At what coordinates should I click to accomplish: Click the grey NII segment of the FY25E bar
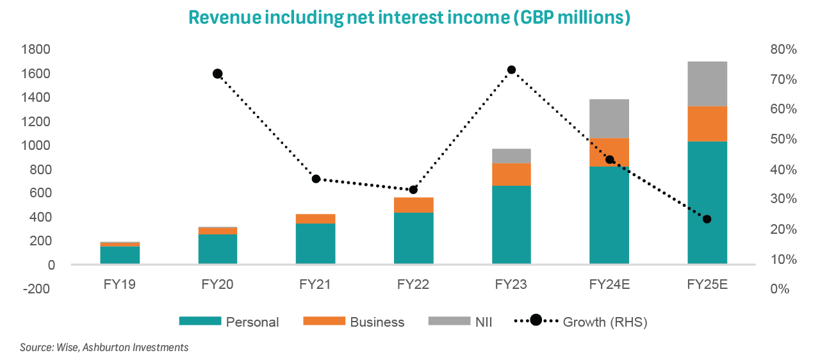[707, 84]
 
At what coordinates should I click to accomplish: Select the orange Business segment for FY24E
[609, 152]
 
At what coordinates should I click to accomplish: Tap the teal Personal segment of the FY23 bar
[511, 224]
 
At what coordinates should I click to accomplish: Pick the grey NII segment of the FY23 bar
[511, 156]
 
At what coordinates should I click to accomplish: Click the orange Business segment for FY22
[413, 204]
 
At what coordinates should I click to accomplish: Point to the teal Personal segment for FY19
[120, 254]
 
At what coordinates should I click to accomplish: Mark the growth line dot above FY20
[217, 74]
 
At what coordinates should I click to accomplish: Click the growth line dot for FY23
[511, 70]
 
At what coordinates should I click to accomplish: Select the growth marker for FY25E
[707, 219]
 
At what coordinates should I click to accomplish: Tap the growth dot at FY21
[316, 179]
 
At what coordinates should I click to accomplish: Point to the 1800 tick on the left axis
[38, 49]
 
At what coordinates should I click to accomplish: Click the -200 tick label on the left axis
[38, 288]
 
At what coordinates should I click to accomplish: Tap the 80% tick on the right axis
[782, 49]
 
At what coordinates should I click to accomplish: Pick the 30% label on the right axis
[782, 199]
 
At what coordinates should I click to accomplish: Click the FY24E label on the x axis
[609, 284]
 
